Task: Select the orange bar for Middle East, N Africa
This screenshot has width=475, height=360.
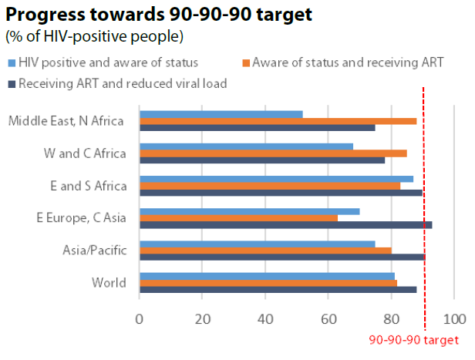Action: [278, 121]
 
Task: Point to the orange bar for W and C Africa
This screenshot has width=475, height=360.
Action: [273, 153]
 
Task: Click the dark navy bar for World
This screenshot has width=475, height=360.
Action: [278, 290]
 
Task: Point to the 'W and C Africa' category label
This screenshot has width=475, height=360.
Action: [85, 153]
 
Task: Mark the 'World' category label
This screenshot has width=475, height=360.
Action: [108, 283]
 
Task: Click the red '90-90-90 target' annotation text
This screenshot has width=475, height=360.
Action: [413, 340]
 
